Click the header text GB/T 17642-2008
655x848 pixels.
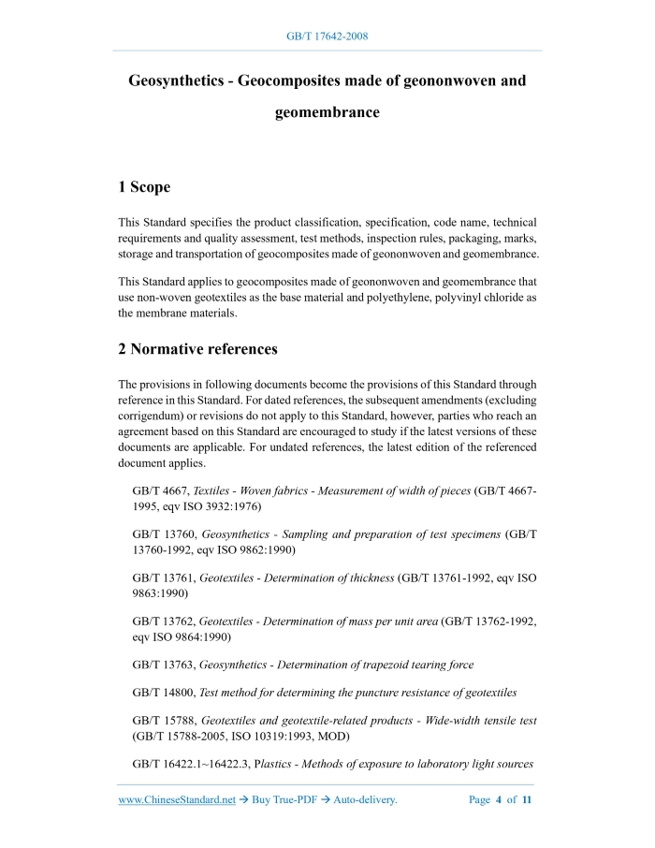point(327,36)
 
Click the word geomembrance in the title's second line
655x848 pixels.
point(327,112)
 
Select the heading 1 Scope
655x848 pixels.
point(144,187)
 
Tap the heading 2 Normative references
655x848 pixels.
point(197,349)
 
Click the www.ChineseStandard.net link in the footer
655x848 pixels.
point(177,799)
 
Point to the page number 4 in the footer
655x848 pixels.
point(498,799)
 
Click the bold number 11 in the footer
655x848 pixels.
point(527,799)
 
